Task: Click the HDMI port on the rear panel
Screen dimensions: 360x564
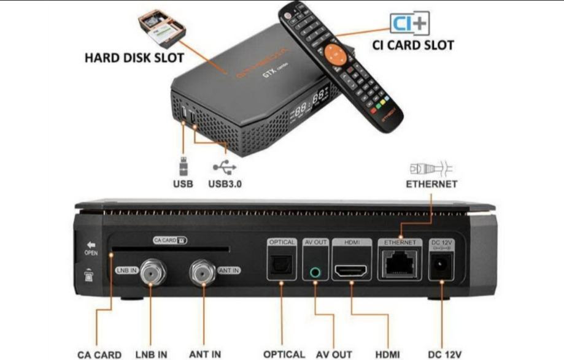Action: (x=350, y=270)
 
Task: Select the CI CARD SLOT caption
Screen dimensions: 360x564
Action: (x=414, y=45)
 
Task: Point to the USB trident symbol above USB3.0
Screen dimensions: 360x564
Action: (x=224, y=166)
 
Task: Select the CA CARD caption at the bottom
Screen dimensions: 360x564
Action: (x=99, y=354)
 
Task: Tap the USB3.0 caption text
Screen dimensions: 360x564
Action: (x=225, y=183)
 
